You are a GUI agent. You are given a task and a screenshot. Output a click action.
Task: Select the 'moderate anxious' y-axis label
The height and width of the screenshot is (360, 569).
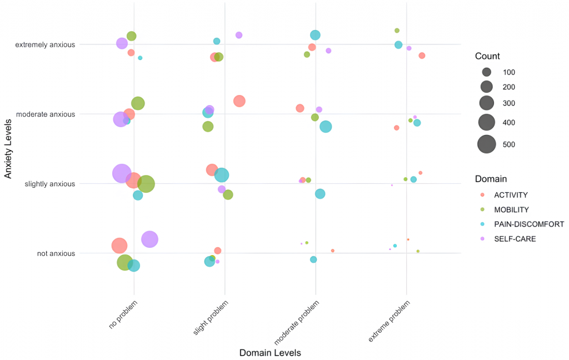(46, 114)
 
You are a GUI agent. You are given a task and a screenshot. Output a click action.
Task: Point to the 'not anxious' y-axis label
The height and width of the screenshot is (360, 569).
(56, 254)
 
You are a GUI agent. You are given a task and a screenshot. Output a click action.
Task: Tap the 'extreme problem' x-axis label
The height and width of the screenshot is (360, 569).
(390, 323)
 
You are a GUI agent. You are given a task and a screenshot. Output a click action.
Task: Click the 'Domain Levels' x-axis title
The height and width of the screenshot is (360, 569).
(270, 353)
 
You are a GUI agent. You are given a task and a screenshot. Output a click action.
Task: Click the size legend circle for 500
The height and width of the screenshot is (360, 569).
(487, 144)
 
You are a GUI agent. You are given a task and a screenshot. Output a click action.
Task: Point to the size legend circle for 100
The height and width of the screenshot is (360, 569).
(487, 72)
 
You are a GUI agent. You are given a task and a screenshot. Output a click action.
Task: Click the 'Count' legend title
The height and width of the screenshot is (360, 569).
(487, 56)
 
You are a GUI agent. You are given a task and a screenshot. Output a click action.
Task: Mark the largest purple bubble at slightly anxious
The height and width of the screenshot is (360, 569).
(122, 173)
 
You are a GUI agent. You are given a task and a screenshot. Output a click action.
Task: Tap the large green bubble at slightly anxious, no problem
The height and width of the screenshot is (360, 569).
(146, 183)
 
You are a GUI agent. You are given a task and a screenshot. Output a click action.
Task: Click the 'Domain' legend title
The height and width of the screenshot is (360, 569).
(491, 179)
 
